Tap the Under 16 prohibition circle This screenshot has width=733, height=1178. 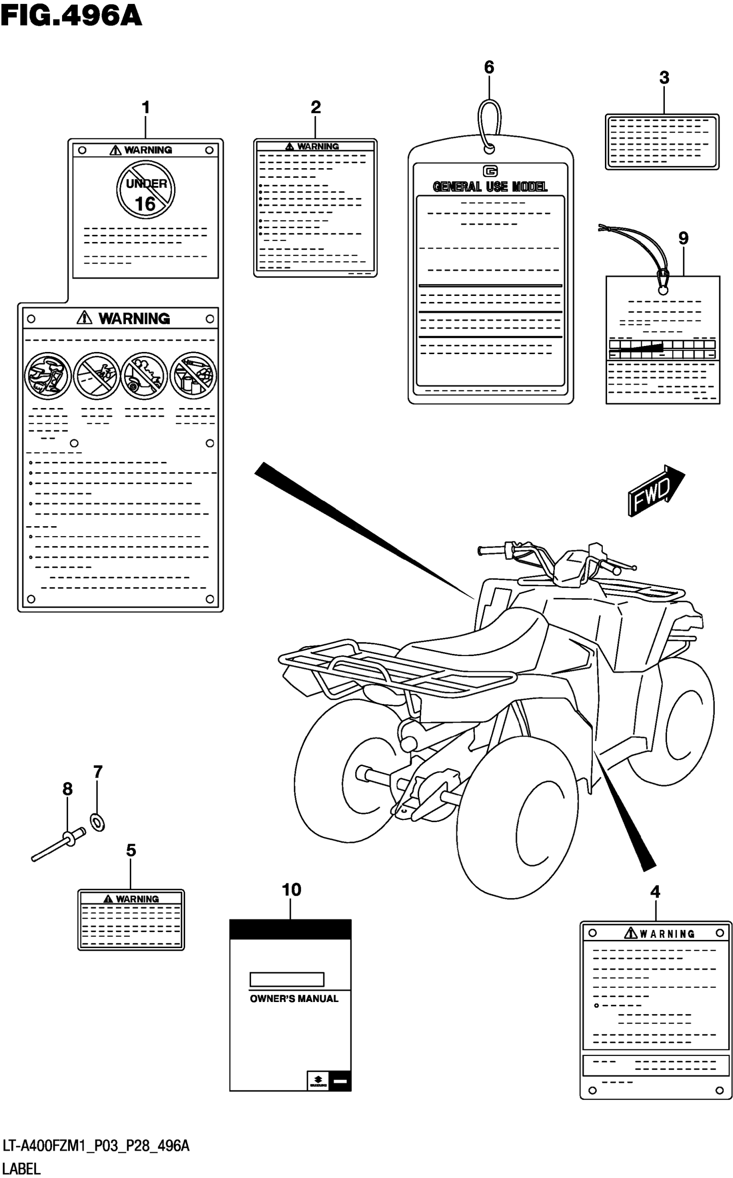(145, 190)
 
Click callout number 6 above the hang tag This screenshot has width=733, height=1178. (489, 67)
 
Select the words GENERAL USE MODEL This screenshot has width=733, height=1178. (490, 187)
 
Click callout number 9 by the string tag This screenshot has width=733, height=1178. (683, 238)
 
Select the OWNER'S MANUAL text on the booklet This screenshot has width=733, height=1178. (294, 999)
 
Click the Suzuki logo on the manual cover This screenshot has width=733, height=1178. (318, 1081)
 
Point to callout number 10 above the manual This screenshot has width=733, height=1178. (291, 890)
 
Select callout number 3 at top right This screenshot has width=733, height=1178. (664, 78)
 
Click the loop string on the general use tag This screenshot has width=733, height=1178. (489, 121)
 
